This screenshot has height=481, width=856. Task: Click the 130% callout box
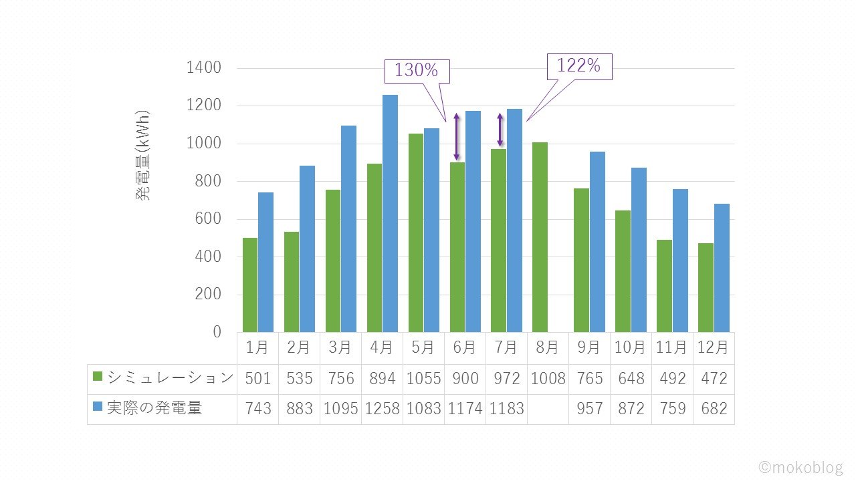[416, 70]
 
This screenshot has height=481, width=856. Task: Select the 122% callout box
[579, 66]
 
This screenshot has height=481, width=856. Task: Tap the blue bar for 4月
[390, 214]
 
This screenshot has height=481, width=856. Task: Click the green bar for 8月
[540, 237]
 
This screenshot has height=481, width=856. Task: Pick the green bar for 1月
[250, 285]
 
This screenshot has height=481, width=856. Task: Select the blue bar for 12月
[722, 268]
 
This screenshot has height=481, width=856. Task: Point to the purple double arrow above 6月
[457, 137]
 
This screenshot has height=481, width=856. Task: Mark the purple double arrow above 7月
[500, 130]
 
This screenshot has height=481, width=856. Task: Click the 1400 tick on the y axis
[204, 68]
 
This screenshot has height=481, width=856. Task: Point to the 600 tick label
[207, 219]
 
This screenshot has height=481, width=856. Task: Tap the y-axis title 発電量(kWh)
[143, 155]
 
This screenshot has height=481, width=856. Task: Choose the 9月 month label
[589, 348]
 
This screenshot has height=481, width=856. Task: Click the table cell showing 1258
[382, 409]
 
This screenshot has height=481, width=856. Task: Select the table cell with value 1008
[548, 379]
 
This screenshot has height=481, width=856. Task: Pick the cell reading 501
[257, 379]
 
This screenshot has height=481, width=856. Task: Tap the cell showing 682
[714, 409]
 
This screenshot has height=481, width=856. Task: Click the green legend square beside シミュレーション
[98, 377]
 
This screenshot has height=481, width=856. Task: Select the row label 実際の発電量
[154, 408]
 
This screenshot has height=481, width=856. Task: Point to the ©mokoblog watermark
[800, 467]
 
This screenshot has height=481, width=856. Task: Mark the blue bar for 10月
[639, 250]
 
